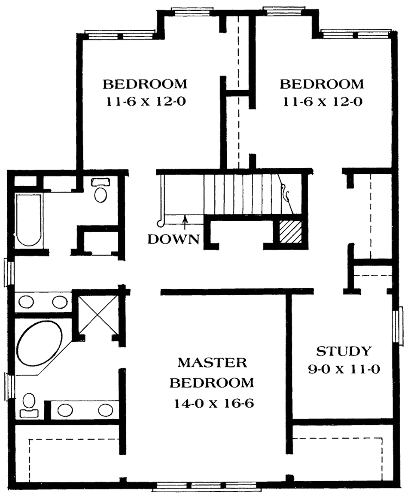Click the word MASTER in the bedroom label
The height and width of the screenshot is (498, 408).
coord(212,362)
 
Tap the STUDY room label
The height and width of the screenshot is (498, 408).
coord(343,351)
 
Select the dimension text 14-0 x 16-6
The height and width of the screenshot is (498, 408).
coord(214,404)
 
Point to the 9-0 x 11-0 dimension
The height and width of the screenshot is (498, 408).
coord(343,370)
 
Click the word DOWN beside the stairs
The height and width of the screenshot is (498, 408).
coord(173,239)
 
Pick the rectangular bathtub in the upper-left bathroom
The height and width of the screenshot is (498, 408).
coord(28,220)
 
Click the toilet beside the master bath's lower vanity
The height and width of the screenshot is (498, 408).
coord(29,405)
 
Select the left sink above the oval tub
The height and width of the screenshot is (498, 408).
coord(27,301)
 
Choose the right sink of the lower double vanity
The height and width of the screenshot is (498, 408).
coord(106,409)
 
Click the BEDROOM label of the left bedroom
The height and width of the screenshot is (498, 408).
coord(145,84)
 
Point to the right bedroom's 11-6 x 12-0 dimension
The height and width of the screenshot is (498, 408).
coord(322,102)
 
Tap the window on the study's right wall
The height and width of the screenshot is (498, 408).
coord(395,325)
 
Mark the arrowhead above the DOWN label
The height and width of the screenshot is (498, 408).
coord(184,218)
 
